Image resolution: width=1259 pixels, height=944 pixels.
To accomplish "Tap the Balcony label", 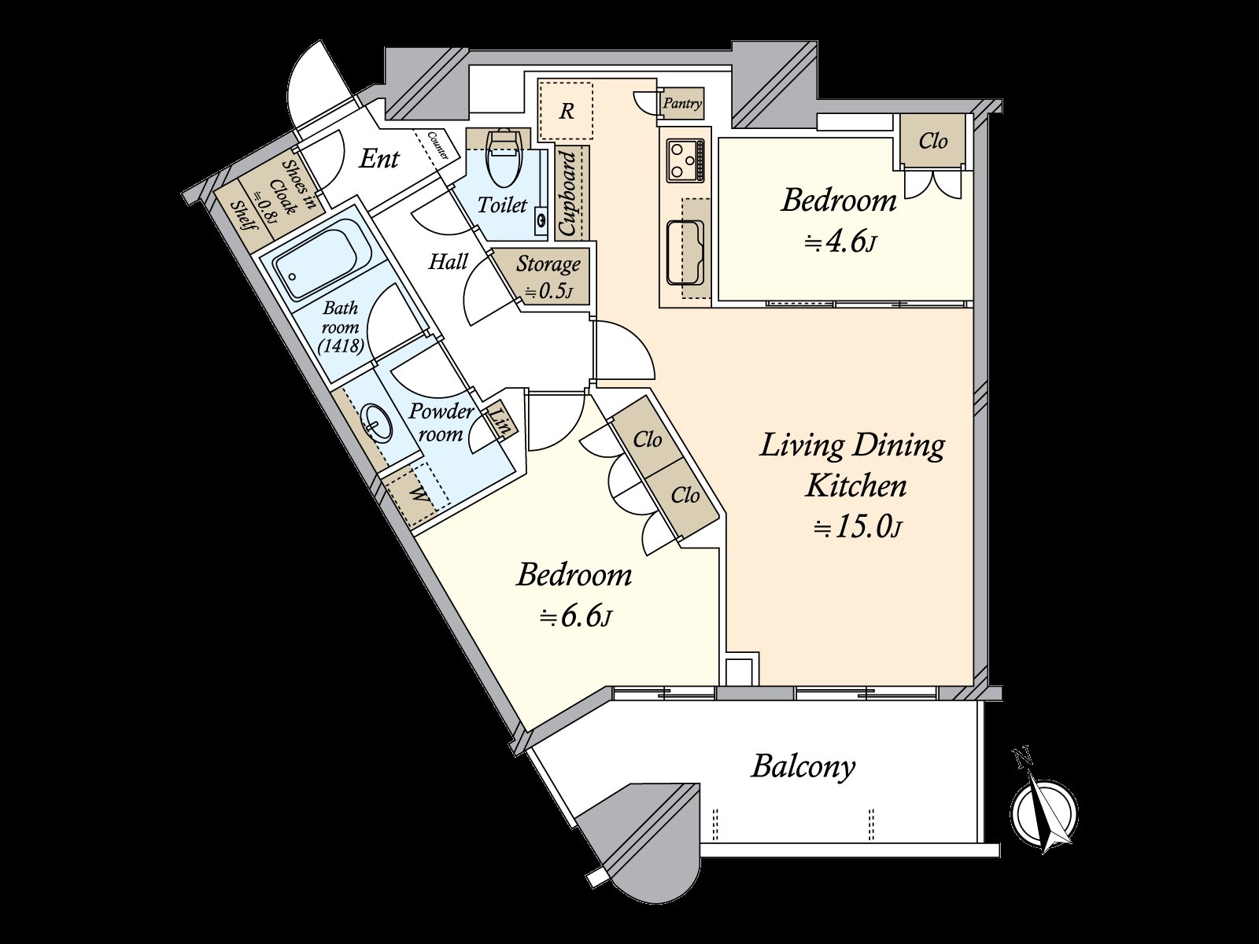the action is point(803,768).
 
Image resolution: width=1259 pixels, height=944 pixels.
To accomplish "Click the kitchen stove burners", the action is point(685,160).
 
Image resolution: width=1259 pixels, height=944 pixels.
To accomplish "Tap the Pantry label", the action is point(682,104).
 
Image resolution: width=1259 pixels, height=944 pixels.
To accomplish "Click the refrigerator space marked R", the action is point(566,111).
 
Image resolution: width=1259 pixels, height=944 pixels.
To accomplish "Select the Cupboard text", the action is point(567,194).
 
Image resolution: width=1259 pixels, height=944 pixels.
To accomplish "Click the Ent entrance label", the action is point(378,159).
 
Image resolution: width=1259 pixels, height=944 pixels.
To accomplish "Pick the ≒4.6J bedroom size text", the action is point(841,242).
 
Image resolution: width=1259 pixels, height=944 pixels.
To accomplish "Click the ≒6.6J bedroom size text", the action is point(576,618).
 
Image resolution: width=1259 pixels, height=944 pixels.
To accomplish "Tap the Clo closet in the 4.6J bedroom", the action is point(933,141).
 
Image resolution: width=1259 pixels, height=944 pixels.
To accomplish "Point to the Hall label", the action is point(449,262).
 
